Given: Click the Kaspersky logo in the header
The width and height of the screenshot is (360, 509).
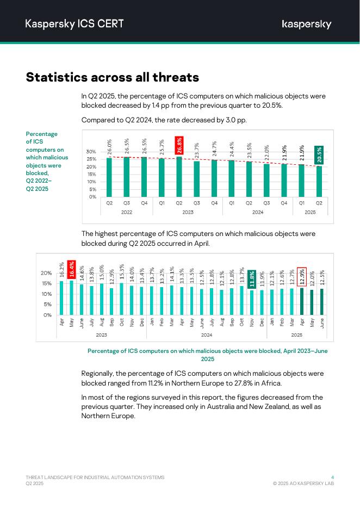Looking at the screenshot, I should tap(306, 24).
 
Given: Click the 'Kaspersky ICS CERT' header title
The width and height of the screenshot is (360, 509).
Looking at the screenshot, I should tap(75, 23).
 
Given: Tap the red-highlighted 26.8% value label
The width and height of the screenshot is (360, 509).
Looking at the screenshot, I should tap(179, 146).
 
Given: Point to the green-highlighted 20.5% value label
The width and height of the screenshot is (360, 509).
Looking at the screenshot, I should tap(319, 155).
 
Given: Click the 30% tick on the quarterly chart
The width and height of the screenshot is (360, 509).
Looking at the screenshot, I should tap(91, 152).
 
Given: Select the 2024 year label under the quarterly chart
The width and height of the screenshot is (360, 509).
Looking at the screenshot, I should tap(258, 212).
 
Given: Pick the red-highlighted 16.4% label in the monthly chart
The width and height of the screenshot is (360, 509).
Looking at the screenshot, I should tap(71, 271).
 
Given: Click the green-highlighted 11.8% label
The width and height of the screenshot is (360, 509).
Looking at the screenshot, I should tap(251, 279).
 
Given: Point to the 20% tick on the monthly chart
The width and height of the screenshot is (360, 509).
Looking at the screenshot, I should tap(46, 273).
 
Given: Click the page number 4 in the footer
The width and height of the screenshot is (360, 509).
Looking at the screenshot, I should tap(332, 477).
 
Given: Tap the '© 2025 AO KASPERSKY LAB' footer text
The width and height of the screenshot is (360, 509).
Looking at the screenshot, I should tap(303, 483).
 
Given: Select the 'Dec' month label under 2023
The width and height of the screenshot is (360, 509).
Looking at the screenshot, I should tap(141, 322).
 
